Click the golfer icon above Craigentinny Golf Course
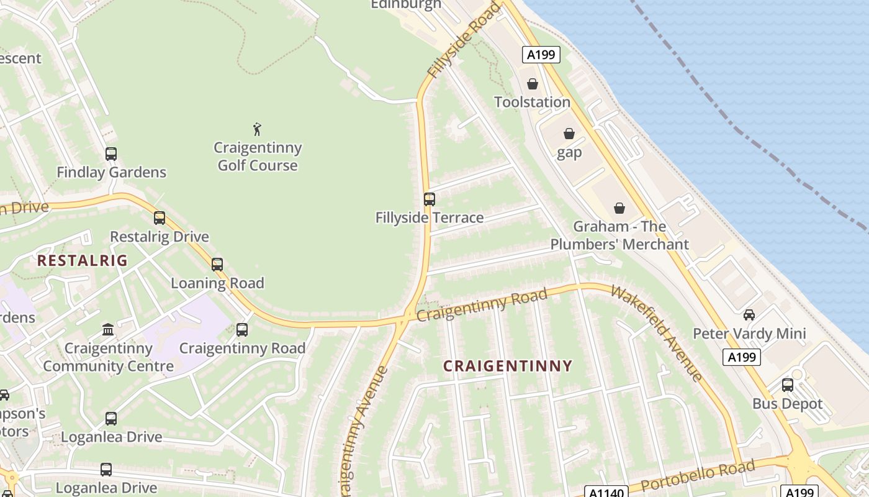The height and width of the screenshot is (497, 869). [x=257, y=129]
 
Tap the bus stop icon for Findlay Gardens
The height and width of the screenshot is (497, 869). [x=111, y=154]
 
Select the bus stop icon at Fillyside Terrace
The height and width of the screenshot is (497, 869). [x=429, y=199]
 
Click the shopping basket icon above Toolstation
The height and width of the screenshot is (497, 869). [x=533, y=84]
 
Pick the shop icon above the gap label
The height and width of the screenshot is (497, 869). [x=569, y=134]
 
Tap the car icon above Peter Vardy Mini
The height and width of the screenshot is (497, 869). [x=749, y=315]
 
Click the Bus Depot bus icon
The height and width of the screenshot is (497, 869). [x=788, y=385]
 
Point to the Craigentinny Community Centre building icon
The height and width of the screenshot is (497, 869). [x=108, y=329]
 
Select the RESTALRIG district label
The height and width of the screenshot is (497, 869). [x=82, y=260]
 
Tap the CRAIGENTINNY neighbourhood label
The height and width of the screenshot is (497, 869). [x=507, y=366]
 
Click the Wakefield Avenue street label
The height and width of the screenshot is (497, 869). [x=657, y=333]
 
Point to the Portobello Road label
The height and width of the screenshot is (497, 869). [x=698, y=475]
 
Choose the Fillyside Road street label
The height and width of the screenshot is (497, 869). [x=463, y=41]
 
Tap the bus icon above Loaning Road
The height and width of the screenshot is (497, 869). [x=217, y=265]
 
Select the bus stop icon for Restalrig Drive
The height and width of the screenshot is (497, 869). [x=160, y=218]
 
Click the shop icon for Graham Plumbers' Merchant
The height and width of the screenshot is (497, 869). [x=619, y=208]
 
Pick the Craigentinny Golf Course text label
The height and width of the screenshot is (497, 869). [x=258, y=157]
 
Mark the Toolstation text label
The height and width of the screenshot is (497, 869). [x=532, y=102]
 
